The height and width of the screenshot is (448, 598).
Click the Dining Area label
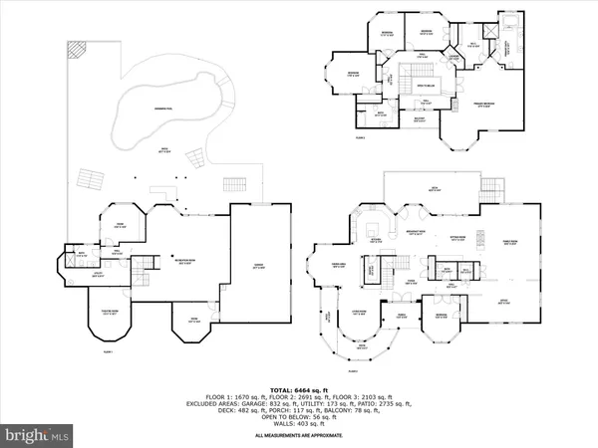coord(337,264)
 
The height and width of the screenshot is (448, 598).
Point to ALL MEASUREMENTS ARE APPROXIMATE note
coord(298,436)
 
